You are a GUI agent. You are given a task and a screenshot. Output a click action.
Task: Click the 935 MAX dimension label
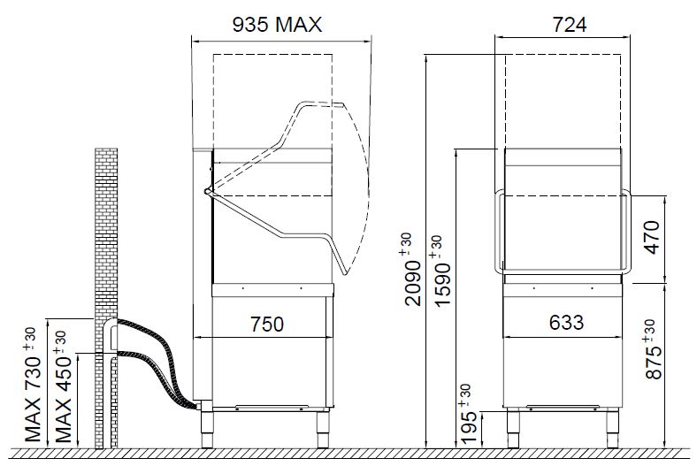click(x=277, y=25)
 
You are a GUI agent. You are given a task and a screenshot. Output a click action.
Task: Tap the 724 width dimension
click(x=570, y=25)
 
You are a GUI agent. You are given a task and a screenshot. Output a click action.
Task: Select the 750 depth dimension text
click(x=267, y=325)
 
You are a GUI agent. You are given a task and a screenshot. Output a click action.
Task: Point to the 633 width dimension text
click(x=566, y=323)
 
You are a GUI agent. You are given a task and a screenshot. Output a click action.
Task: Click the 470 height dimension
click(x=652, y=237)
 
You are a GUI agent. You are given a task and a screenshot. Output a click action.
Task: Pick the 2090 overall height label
click(x=413, y=269)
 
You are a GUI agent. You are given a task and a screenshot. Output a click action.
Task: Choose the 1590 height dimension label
click(x=443, y=271)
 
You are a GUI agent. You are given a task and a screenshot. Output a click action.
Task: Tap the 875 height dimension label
click(x=653, y=349)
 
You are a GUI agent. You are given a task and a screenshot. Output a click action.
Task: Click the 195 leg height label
click(x=469, y=415)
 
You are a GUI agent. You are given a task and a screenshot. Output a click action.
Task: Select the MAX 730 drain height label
click(x=33, y=385)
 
